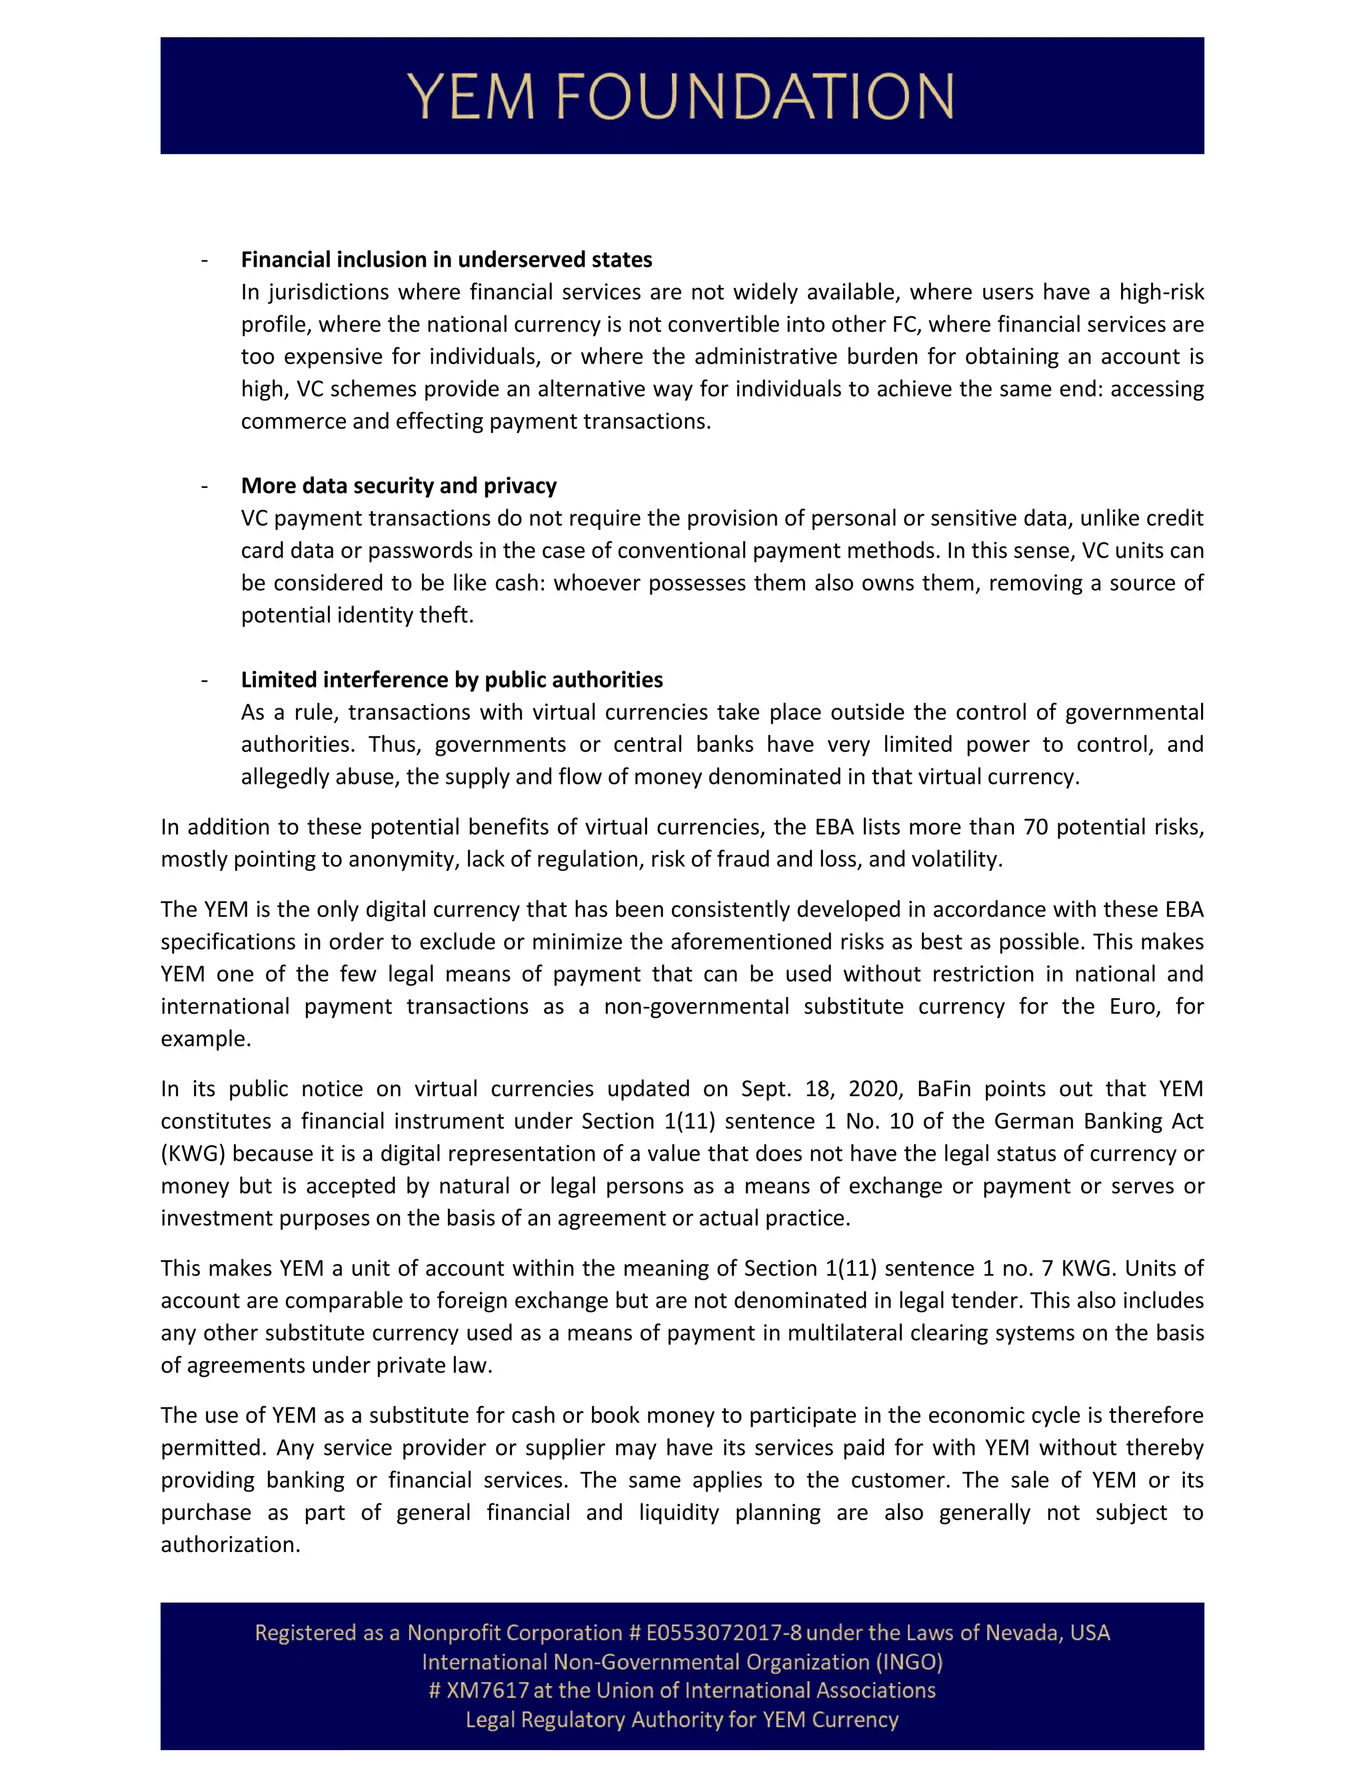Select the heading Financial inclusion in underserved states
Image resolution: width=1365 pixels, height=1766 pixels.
tap(447, 259)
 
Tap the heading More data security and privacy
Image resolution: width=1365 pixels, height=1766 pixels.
tap(399, 485)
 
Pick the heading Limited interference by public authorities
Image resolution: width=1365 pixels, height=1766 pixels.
tap(451, 679)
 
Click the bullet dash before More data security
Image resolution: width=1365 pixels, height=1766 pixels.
tap(205, 486)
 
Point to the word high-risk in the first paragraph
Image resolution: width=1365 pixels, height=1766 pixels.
tap(1161, 292)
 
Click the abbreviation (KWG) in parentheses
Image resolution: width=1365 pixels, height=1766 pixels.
tap(193, 1153)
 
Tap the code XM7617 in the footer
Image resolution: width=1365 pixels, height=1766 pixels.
tap(488, 1691)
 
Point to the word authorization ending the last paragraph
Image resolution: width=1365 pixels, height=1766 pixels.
tap(230, 1545)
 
